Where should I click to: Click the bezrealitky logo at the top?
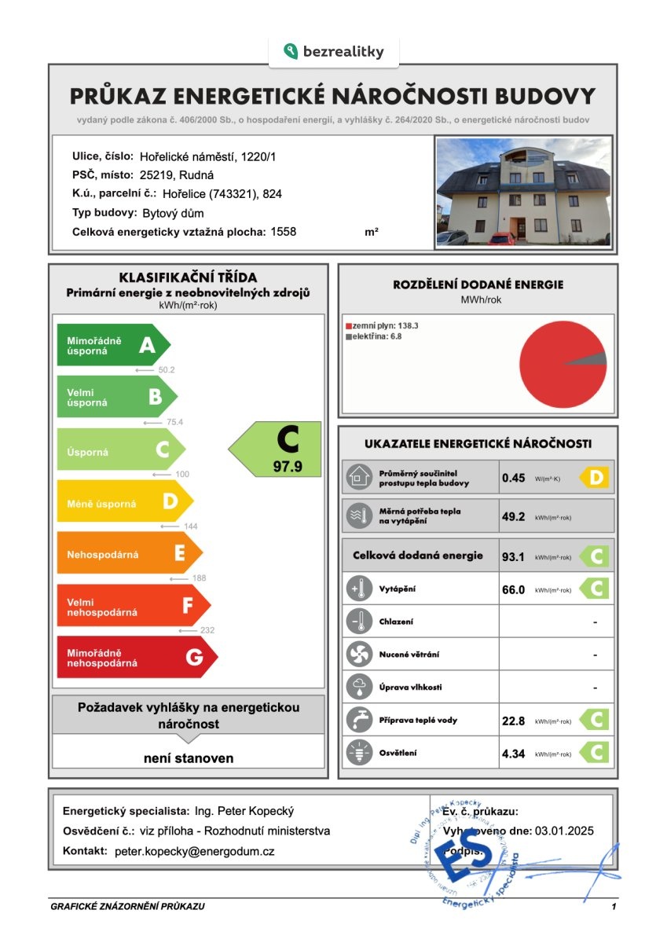334,52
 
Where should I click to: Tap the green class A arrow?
112,344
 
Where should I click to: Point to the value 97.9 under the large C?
287,466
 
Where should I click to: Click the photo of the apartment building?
523,192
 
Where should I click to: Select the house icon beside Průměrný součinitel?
359,477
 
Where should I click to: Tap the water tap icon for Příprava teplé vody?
359,720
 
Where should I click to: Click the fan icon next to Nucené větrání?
359,654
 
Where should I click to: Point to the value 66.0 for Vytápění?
513,589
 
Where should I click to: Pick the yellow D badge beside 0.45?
595,477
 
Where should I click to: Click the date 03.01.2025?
563,831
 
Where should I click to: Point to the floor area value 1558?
284,232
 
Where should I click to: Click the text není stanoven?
189,758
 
